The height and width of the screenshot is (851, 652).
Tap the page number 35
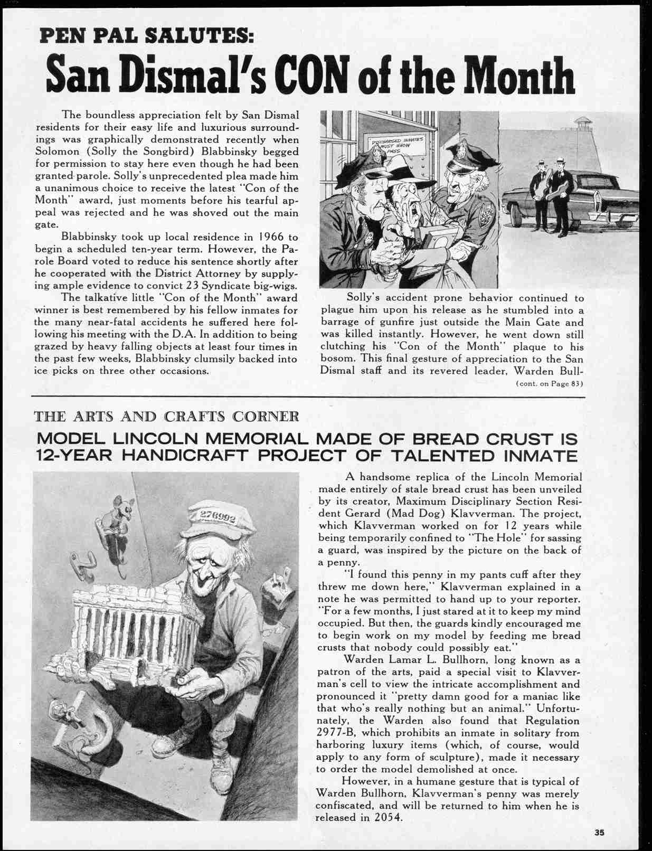[599, 833]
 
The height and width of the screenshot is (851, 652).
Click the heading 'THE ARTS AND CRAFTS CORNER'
[167, 417]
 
